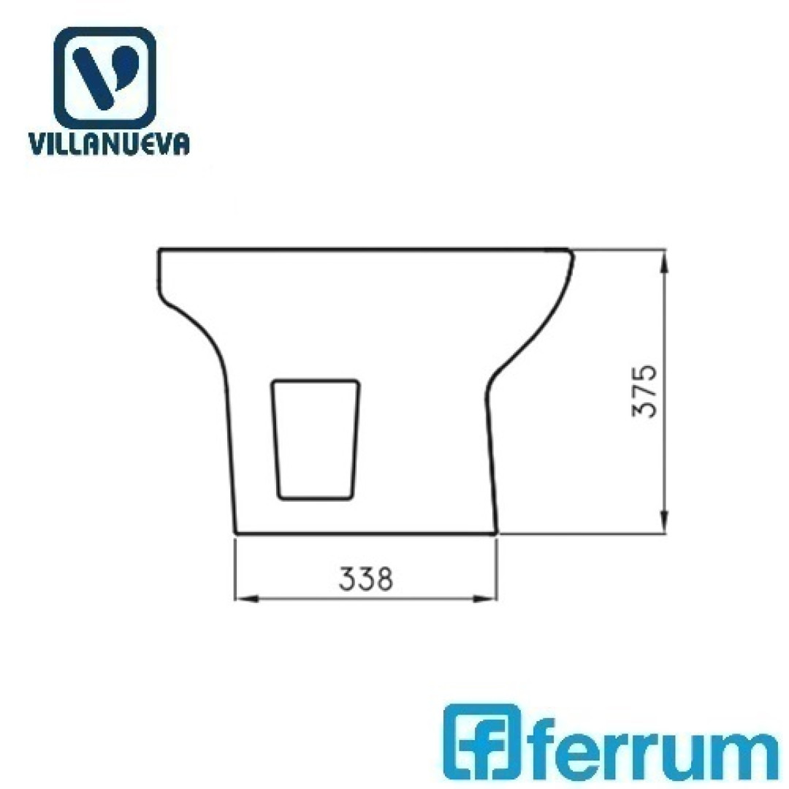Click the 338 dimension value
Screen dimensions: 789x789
click(x=366, y=579)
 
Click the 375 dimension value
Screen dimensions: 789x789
click(x=644, y=391)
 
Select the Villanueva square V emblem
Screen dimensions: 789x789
click(x=104, y=77)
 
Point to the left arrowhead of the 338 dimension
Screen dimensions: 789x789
click(x=247, y=599)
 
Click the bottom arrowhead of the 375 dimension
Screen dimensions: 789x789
click(x=665, y=522)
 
